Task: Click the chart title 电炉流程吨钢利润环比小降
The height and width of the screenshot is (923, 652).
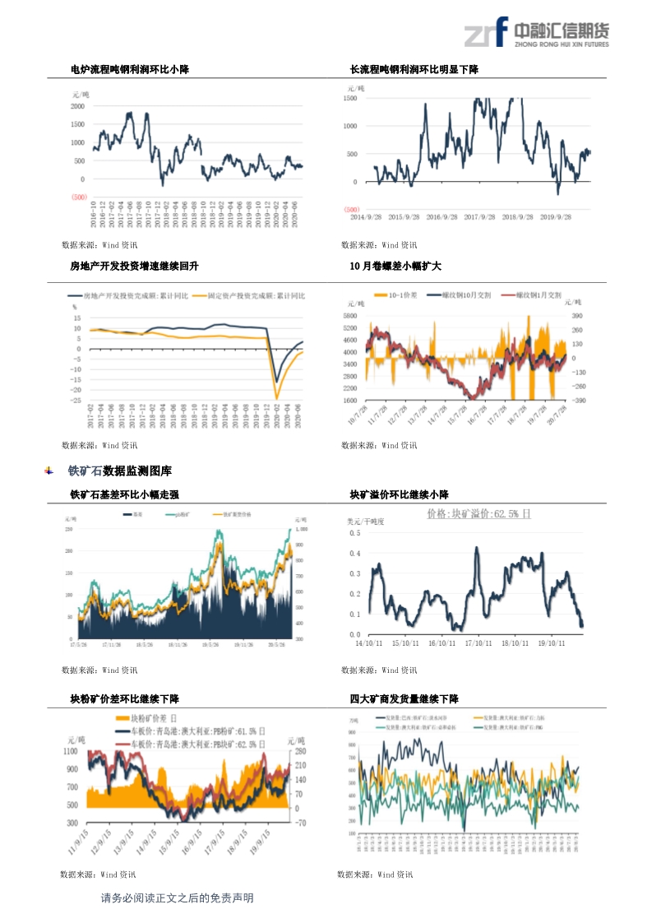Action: [130, 70]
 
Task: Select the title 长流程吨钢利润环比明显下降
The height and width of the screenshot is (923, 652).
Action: [414, 70]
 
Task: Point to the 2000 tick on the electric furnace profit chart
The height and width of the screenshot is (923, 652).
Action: [76, 106]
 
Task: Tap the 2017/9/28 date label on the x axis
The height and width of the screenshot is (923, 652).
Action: [479, 218]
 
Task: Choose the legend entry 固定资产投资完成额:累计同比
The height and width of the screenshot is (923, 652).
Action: [255, 295]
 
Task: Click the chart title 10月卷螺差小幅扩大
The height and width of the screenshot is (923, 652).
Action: [395, 266]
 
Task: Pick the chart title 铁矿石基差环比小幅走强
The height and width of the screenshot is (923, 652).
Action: [124, 494]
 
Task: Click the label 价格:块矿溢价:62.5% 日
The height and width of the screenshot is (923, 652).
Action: [479, 513]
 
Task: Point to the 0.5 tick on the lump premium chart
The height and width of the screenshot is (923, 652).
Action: [354, 533]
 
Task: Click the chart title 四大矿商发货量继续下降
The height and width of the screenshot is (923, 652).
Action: [404, 698]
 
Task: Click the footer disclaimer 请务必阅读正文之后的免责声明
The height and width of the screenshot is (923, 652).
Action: [177, 898]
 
